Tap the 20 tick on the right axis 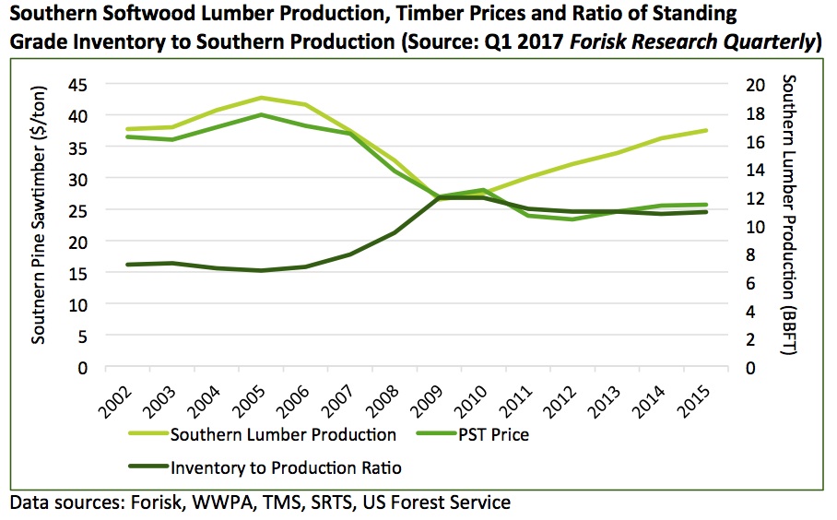coord(755,85)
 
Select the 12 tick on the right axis coord(755,198)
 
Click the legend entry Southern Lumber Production coord(283,434)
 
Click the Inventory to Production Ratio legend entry coord(286,467)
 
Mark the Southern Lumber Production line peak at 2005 coord(261,98)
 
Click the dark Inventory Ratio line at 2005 coord(261,270)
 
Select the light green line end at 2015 coord(705,130)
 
